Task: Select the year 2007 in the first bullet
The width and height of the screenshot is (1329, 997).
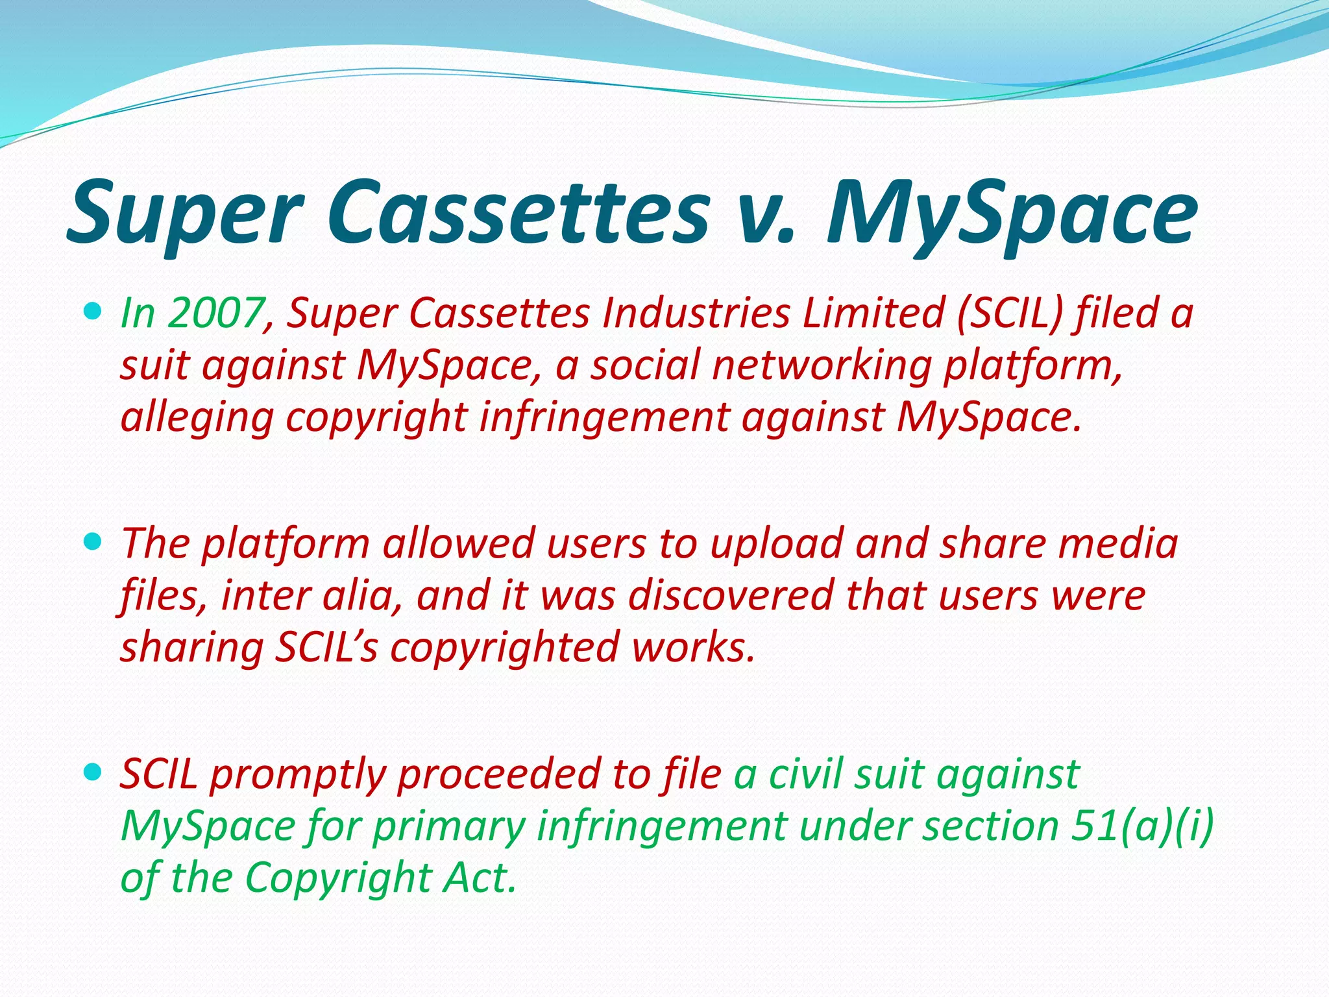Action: tap(214, 314)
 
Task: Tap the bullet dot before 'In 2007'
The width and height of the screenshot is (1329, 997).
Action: tap(93, 312)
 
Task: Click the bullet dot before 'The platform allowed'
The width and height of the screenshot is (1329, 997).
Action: tap(93, 541)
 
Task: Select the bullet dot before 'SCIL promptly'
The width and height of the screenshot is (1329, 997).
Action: tap(93, 772)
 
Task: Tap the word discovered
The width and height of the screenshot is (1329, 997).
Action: tap(731, 595)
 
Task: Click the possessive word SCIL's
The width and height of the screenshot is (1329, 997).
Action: tap(326, 647)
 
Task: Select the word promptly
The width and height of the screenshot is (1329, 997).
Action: tap(298, 775)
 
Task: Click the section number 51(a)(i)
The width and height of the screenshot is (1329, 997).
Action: tap(1142, 826)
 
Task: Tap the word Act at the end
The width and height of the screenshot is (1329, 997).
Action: tap(479, 878)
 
